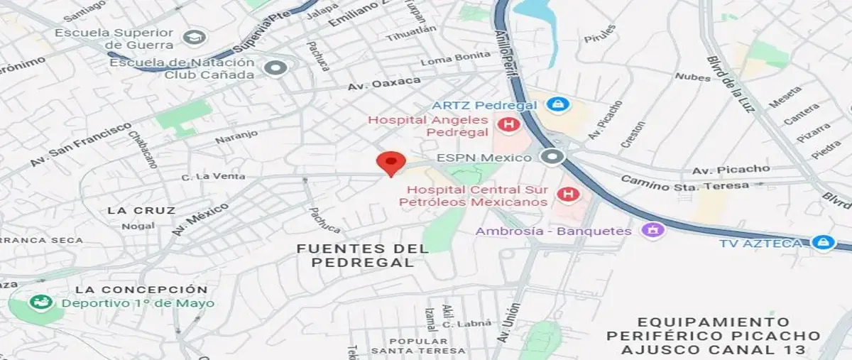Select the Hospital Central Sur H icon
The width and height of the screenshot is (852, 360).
[567, 194]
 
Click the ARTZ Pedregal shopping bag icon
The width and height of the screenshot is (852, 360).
[559, 104]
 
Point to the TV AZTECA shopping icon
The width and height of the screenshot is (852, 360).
[823, 243]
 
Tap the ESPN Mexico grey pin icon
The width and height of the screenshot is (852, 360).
[551, 157]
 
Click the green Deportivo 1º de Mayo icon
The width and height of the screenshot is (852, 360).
[37, 302]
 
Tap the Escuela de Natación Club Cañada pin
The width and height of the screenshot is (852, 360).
[275, 68]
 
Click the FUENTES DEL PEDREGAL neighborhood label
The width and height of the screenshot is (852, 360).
[362, 255]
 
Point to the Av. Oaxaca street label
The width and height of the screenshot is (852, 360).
[383, 84]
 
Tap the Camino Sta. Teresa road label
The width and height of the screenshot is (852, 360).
[684, 183]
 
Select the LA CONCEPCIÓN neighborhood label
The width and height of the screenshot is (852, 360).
[141, 290]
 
